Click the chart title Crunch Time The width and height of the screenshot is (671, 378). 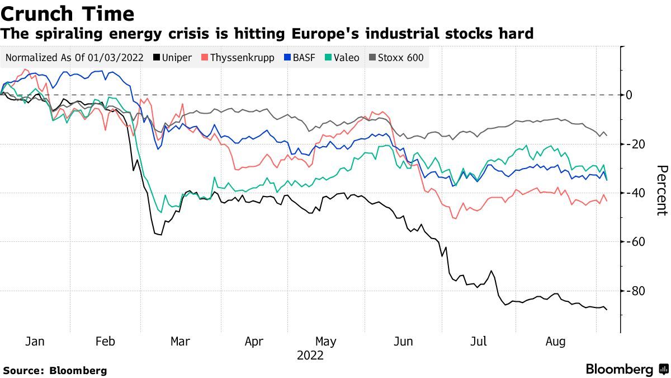(x=68, y=13)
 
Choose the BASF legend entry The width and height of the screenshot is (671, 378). (x=301, y=58)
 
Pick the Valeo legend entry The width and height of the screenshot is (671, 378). (x=342, y=58)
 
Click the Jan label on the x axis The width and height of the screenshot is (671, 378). (x=35, y=342)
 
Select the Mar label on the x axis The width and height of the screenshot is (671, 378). (x=180, y=342)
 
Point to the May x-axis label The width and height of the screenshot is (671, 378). (x=326, y=342)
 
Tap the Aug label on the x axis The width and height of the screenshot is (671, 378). (x=555, y=342)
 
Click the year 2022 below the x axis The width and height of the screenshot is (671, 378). (x=310, y=356)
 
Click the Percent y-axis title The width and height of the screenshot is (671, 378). (x=661, y=190)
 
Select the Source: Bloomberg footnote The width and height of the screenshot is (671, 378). (x=55, y=371)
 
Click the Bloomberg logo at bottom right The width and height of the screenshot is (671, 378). (x=626, y=370)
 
